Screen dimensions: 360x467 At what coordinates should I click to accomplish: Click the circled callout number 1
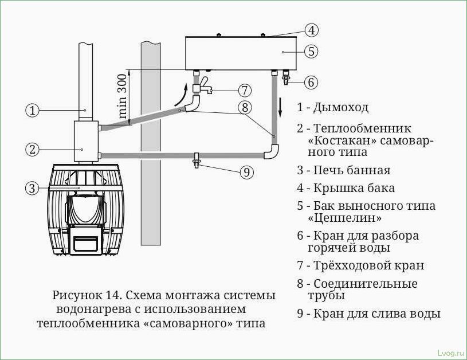[x=33, y=110]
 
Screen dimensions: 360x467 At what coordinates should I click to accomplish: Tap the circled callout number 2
[x=33, y=149]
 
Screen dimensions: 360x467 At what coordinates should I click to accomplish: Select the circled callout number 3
[x=33, y=187]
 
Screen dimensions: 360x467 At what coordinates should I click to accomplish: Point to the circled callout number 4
[x=311, y=30]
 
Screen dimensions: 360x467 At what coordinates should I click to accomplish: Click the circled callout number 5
[x=311, y=52]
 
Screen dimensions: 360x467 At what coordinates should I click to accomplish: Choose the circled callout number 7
[x=245, y=91]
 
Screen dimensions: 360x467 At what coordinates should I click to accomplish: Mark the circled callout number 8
[x=245, y=107]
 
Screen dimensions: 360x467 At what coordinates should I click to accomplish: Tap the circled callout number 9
[x=246, y=171]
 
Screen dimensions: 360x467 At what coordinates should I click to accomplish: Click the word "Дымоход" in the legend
[x=341, y=107]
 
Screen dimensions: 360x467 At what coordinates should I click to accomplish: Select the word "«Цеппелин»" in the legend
[x=341, y=218]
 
